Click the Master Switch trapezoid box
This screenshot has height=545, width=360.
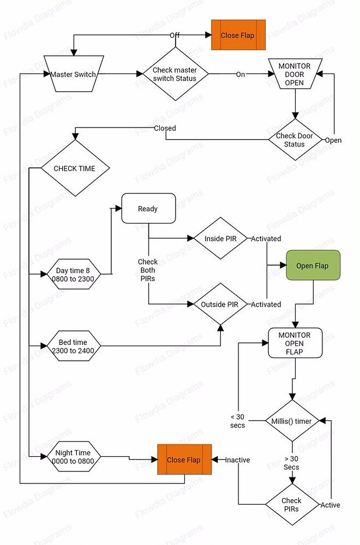click(x=73, y=74)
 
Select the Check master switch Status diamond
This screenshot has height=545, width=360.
click(x=175, y=74)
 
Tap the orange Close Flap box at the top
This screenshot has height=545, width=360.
click(x=238, y=35)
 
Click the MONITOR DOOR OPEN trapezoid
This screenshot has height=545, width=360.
click(x=295, y=74)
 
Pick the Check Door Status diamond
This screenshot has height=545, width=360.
click(x=295, y=140)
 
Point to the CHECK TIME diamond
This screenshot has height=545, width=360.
click(x=74, y=168)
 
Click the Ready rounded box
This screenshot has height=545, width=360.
click(x=148, y=208)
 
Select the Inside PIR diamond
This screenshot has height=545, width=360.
click(x=221, y=239)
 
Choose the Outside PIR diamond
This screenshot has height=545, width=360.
click(x=221, y=304)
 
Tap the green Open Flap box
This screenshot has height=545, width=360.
click(x=313, y=265)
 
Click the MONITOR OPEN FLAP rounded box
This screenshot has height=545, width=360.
click(x=295, y=343)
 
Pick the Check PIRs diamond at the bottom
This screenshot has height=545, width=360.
click(x=292, y=505)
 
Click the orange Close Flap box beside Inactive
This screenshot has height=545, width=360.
click(x=184, y=460)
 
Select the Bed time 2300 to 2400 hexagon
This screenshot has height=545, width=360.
click(x=73, y=346)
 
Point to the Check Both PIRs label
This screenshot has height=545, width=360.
click(x=148, y=270)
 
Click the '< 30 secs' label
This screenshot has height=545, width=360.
click(x=237, y=421)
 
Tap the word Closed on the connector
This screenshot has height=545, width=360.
click(x=165, y=129)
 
